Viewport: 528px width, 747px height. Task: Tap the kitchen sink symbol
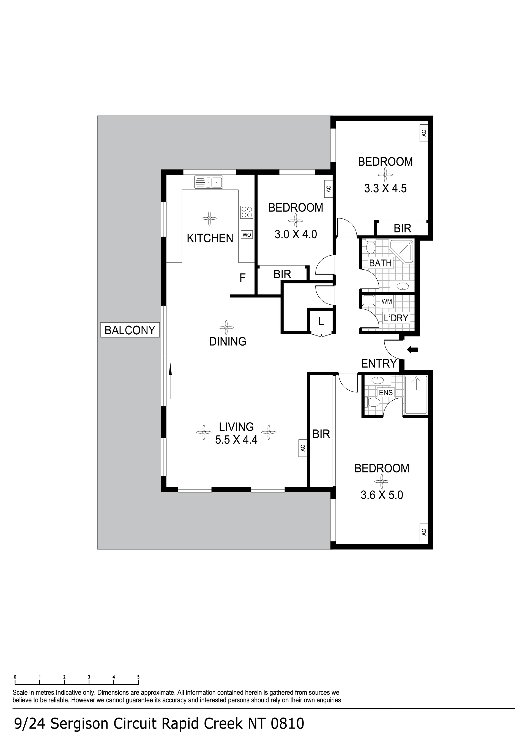click(x=209, y=182)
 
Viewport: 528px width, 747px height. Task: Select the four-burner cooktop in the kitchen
click(x=247, y=212)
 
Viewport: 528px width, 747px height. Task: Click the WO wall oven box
click(x=247, y=235)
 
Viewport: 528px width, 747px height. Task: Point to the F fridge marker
click(x=242, y=278)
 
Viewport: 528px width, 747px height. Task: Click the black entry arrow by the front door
click(x=412, y=350)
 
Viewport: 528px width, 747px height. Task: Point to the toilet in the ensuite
click(x=372, y=403)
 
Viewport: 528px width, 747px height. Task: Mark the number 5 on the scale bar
click(x=138, y=677)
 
